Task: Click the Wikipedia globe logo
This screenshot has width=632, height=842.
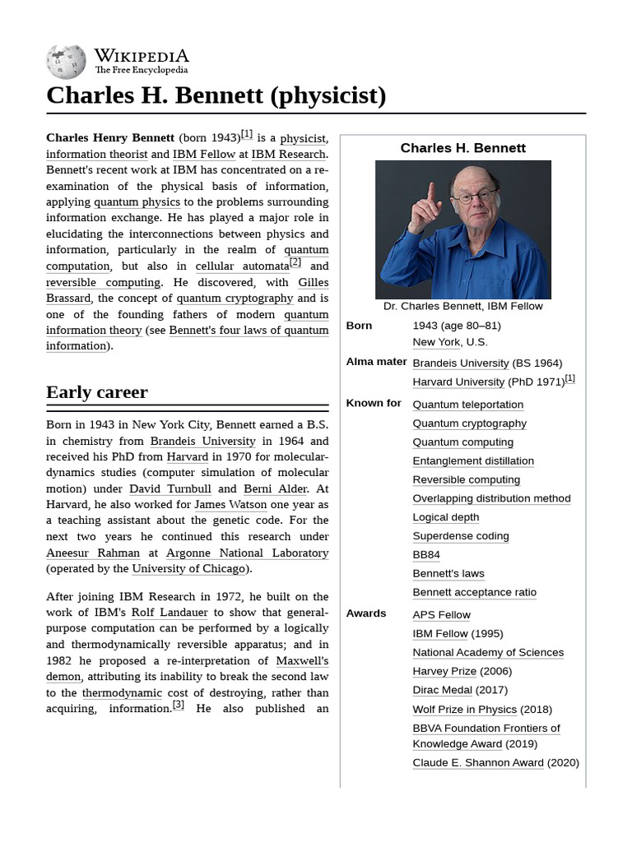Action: (x=66, y=62)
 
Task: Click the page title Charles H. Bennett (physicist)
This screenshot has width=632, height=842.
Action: (x=216, y=95)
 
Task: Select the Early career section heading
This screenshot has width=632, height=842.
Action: (x=97, y=392)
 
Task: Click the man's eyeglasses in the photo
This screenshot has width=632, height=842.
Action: (x=475, y=197)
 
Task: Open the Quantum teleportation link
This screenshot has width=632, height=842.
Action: (x=467, y=405)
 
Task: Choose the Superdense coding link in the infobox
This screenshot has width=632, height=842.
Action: (x=460, y=536)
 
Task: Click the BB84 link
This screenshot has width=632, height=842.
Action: (x=425, y=555)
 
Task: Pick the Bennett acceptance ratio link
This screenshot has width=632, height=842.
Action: (x=474, y=592)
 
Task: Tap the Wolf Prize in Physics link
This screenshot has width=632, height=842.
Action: (x=464, y=710)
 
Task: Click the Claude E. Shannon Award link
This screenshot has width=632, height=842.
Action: (x=477, y=763)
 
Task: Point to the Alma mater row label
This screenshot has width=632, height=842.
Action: (x=376, y=362)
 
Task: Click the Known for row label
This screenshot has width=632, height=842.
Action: (x=374, y=404)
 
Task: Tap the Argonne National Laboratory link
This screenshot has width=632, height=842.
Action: (x=247, y=553)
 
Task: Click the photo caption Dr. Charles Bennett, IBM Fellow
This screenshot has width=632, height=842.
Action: (x=462, y=306)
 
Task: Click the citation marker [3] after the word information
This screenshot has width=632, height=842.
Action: (x=178, y=706)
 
